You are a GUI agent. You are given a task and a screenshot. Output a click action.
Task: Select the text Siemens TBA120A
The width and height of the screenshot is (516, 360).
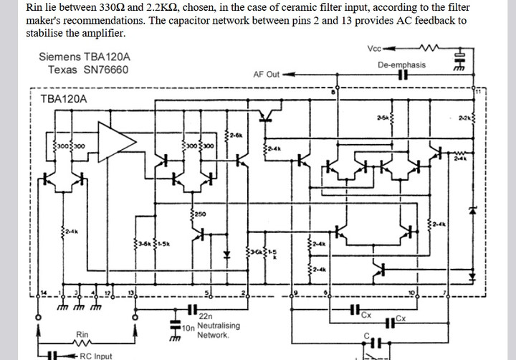pos(84,57)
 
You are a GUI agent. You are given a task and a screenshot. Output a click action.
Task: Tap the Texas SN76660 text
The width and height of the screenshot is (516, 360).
pos(88,70)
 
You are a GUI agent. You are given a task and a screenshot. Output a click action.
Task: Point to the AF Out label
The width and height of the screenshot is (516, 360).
pos(267,74)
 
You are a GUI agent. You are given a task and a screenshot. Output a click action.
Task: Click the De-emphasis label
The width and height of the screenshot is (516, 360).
pos(401,65)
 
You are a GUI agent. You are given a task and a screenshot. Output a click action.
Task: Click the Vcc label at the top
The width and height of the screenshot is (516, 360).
pos(374,49)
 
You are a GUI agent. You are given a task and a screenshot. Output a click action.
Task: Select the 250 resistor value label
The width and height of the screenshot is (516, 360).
pos(199,214)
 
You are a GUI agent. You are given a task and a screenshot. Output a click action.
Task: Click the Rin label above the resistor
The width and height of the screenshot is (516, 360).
pos(82,334)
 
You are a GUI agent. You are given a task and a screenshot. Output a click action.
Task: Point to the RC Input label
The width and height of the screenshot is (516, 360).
pos(95,356)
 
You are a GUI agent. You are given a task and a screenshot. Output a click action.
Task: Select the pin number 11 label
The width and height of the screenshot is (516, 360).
pos(477,91)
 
